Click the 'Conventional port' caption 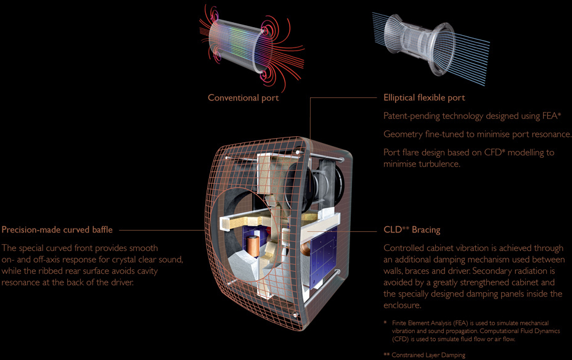pos(243,97)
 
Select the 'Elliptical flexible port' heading pos(424,97)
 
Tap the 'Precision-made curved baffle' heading pos(57,230)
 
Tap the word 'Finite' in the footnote pos(401,323)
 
